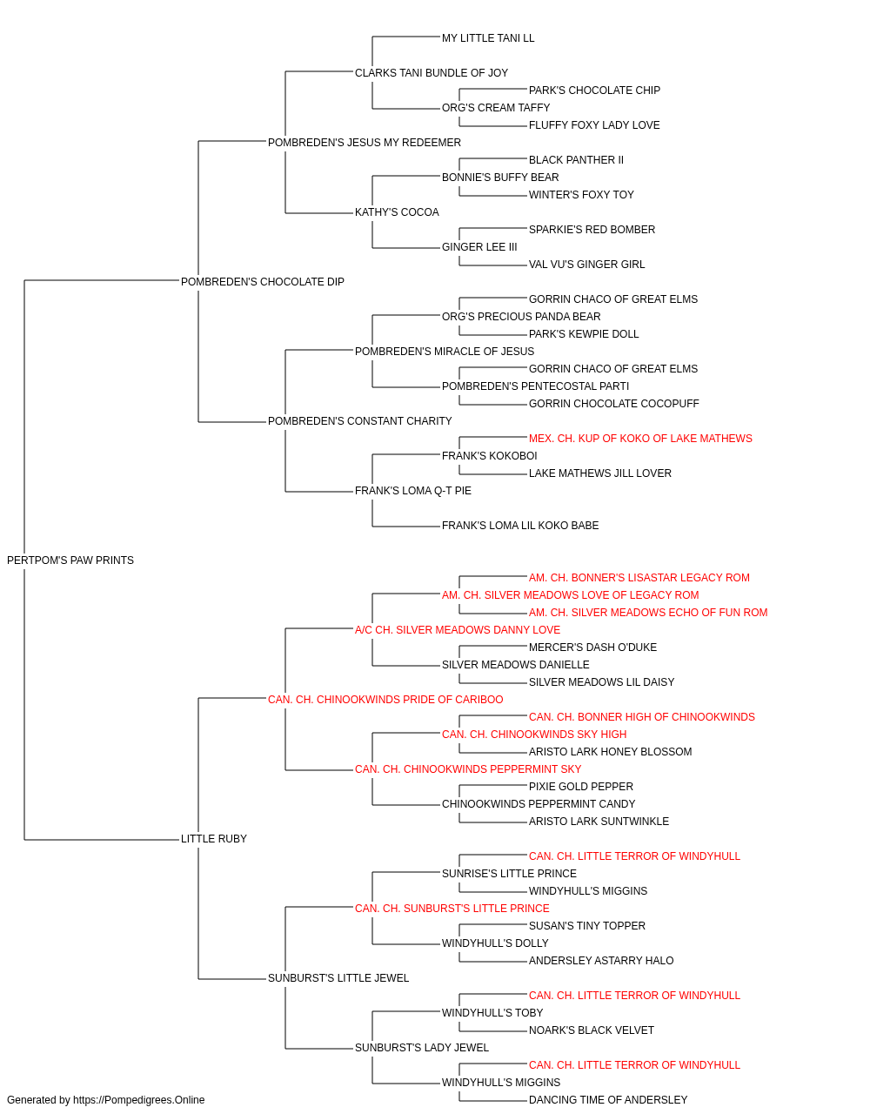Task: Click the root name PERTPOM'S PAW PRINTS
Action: click(x=70, y=560)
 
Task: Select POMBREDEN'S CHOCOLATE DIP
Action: click(x=263, y=281)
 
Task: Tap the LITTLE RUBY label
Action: click(x=214, y=839)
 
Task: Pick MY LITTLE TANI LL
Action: click(x=488, y=38)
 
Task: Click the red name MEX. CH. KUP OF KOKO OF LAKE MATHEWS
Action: click(x=640, y=439)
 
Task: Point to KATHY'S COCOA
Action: click(x=397, y=211)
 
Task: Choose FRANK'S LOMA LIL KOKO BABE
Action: click(x=520, y=526)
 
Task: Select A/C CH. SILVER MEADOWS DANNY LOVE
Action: click(x=458, y=629)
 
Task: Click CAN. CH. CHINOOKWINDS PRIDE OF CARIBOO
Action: click(x=385, y=699)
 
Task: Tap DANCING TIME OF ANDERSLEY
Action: click(x=608, y=1100)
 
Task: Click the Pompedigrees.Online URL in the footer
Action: click(x=138, y=1100)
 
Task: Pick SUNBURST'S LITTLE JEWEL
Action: click(x=338, y=977)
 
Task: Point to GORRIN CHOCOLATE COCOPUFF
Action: click(x=614, y=404)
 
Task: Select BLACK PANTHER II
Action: click(x=576, y=160)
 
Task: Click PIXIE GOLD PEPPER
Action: click(x=581, y=787)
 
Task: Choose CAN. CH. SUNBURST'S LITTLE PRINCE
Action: click(x=452, y=909)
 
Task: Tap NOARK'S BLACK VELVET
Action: click(x=592, y=1030)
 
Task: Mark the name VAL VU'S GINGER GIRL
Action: click(x=586, y=264)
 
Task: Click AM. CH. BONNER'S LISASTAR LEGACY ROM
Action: click(x=639, y=578)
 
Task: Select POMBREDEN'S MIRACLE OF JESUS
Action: click(x=445, y=351)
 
